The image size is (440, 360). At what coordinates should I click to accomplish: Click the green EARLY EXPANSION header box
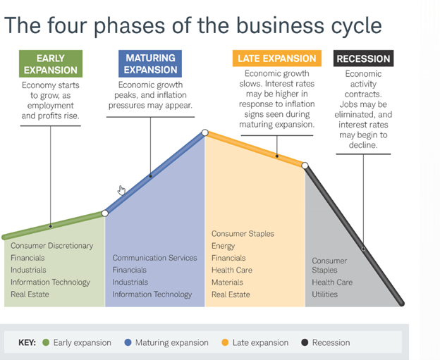point(51,64)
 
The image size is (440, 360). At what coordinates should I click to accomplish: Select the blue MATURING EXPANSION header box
point(150,63)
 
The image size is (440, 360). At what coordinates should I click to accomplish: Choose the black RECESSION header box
point(364,58)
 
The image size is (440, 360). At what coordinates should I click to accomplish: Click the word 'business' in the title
point(276,25)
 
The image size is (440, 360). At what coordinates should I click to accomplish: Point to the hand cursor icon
point(122,190)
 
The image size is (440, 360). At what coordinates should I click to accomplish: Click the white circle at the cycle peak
point(204,132)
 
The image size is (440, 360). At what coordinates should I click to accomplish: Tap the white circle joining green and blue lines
point(104,213)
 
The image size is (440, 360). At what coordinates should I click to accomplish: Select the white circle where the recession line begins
point(305,166)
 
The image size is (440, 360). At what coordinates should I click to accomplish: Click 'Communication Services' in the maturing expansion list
point(154,258)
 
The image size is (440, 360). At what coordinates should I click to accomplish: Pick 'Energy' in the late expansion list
point(224,246)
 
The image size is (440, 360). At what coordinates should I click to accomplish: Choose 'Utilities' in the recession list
point(327,294)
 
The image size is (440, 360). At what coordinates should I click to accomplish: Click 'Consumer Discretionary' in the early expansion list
point(51,246)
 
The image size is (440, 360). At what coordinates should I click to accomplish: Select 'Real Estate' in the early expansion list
point(30,294)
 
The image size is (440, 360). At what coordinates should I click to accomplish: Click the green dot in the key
point(46,343)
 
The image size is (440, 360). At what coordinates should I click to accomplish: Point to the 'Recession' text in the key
point(331,343)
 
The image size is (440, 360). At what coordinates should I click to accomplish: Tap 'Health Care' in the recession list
point(333,283)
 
